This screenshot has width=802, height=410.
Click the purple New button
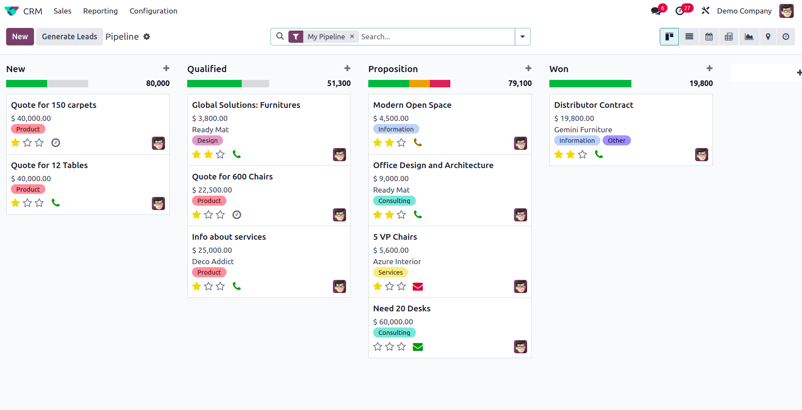pyautogui.click(x=20, y=37)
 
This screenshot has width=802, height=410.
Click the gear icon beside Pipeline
pyautogui.click(x=147, y=37)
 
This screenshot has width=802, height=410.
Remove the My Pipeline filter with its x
pyautogui.click(x=352, y=37)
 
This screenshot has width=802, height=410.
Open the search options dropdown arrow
pyautogui.click(x=522, y=37)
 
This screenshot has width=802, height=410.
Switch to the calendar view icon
pyautogui.click(x=709, y=37)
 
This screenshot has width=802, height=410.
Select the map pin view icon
pyautogui.click(x=768, y=37)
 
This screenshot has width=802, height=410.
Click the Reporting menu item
pyautogui.click(x=100, y=11)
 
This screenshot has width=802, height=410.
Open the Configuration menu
pyautogui.click(x=153, y=11)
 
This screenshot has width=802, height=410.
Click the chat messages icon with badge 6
pyautogui.click(x=656, y=11)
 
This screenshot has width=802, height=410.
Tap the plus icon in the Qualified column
pyautogui.click(x=347, y=69)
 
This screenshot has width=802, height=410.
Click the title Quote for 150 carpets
pyautogui.click(x=54, y=105)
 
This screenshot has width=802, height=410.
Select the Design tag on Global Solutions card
pyautogui.click(x=207, y=141)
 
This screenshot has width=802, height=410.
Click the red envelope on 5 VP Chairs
pyautogui.click(x=418, y=286)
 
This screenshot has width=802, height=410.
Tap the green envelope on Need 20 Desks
pyautogui.click(x=418, y=347)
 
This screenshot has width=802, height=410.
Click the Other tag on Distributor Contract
pyautogui.click(x=616, y=141)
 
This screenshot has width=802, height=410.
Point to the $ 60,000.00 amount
pyautogui.click(x=393, y=322)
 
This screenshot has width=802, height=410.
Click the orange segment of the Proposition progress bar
pyautogui.click(x=419, y=83)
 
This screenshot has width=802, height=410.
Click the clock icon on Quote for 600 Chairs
pyautogui.click(x=236, y=215)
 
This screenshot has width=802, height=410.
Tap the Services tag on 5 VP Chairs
pyautogui.click(x=390, y=272)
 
